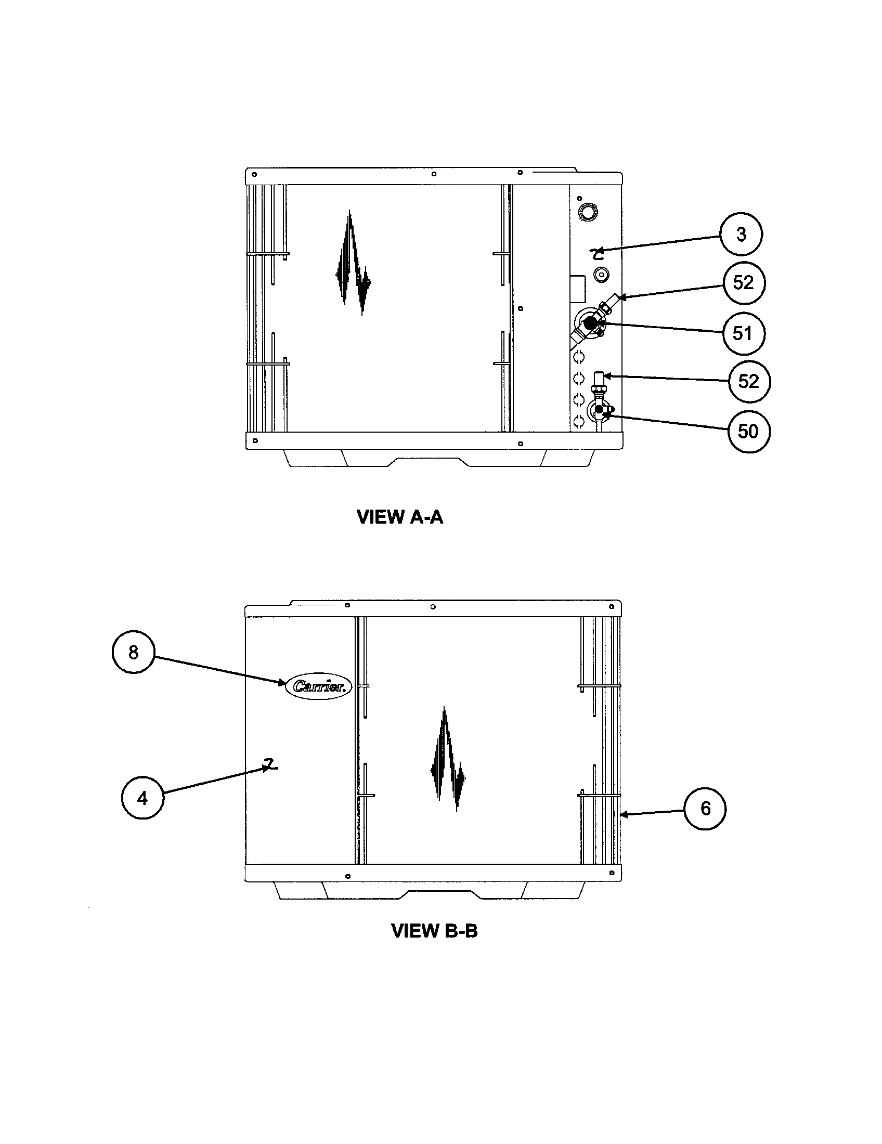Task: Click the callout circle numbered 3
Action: click(741, 234)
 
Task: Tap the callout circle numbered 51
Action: click(743, 334)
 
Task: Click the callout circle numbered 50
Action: click(748, 432)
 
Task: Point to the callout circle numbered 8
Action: click(134, 652)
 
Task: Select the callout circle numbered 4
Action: click(142, 798)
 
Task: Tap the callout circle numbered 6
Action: click(705, 808)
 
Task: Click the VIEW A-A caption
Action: click(399, 517)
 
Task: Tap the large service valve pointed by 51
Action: click(590, 324)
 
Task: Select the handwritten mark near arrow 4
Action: click(270, 766)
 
